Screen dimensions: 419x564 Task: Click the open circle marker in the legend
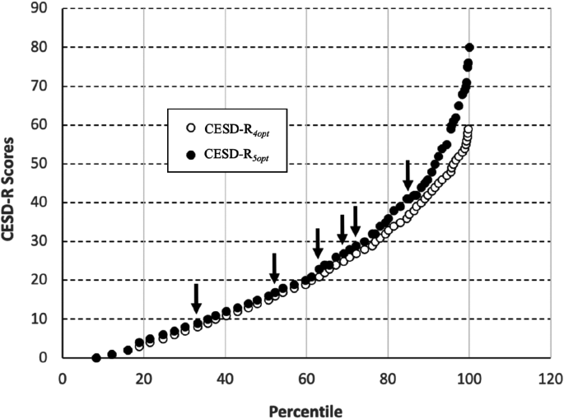pyautogui.click(x=191, y=128)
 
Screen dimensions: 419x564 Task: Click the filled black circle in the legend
pyautogui.click(x=191, y=154)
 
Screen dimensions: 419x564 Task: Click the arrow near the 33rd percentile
pyautogui.click(x=196, y=297)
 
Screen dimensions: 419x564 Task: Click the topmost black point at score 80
pyautogui.click(x=469, y=48)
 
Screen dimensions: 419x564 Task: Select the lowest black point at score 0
pyautogui.click(x=96, y=358)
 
